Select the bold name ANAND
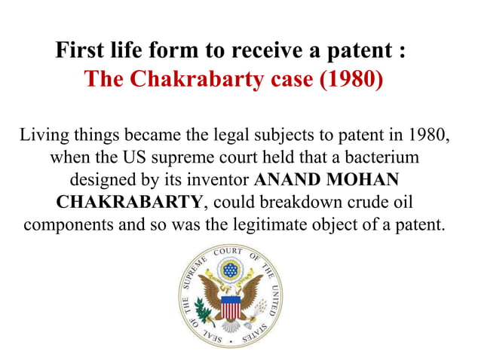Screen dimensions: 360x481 pyautogui.click(x=287, y=182)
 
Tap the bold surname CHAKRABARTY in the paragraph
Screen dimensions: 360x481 pyautogui.click(x=129, y=203)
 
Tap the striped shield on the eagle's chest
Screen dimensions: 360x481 pyautogui.click(x=230, y=307)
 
